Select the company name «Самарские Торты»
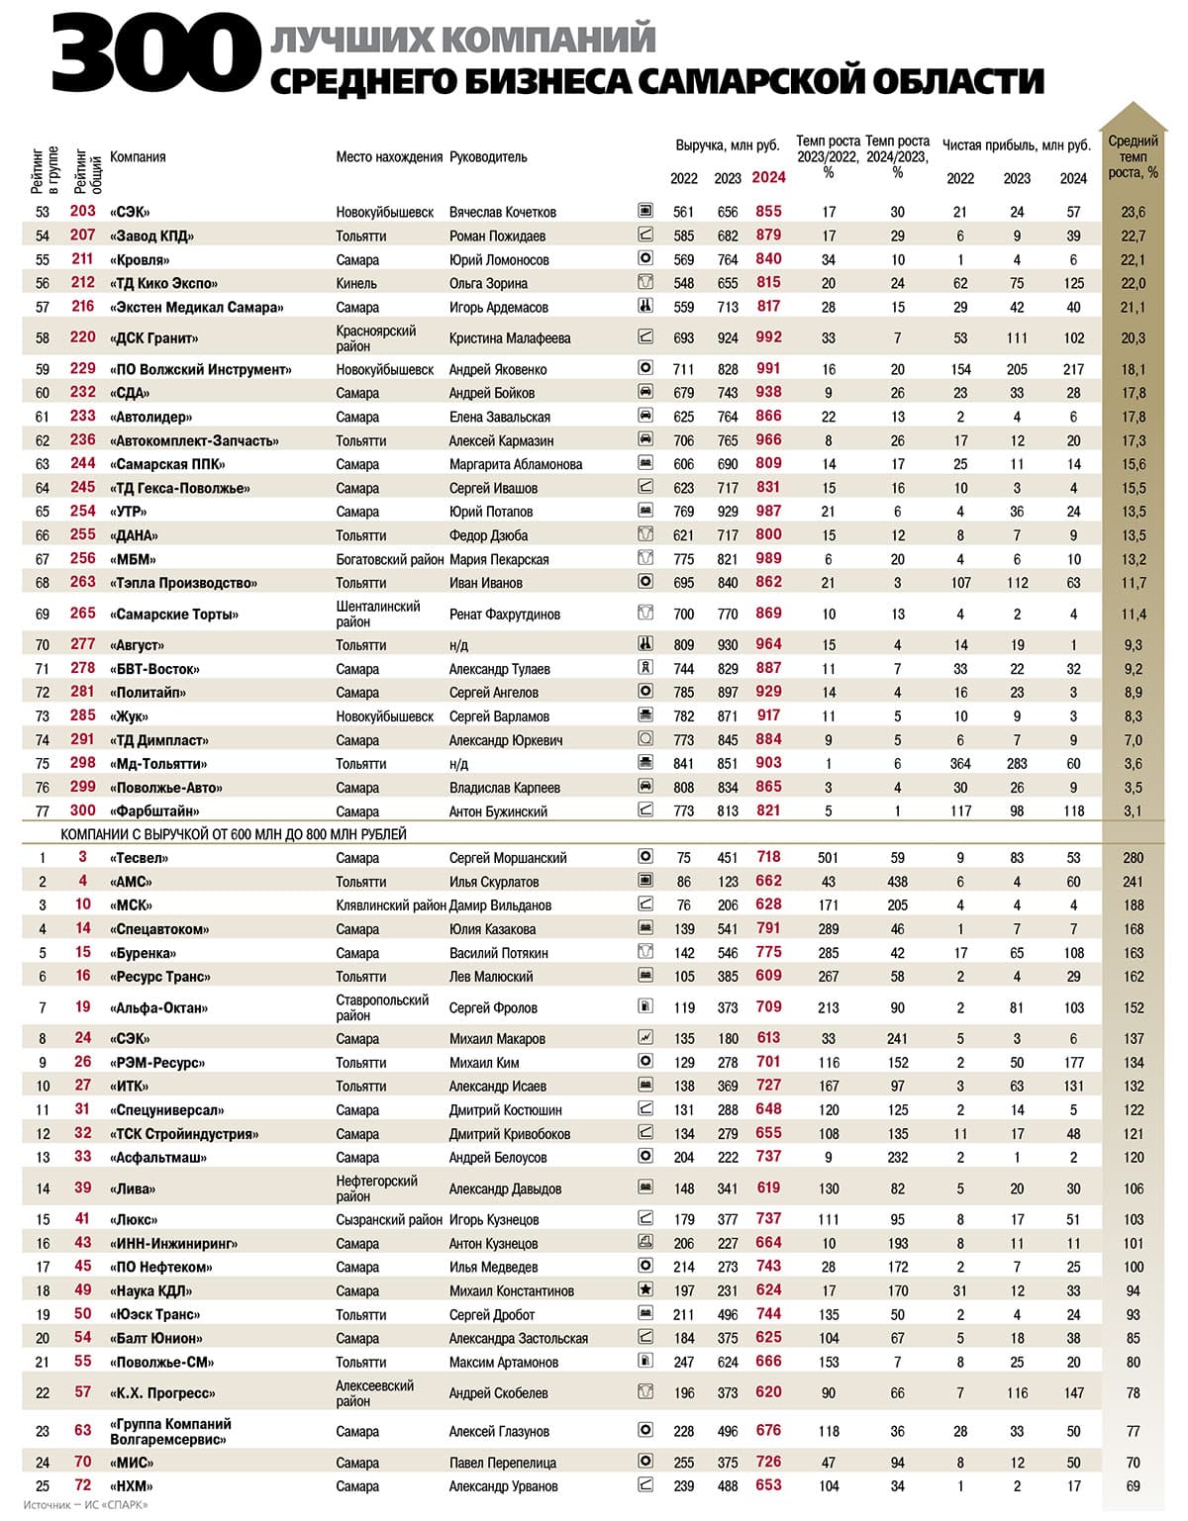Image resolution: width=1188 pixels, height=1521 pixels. [x=174, y=615]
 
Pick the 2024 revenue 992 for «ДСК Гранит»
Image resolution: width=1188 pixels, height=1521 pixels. [x=768, y=337]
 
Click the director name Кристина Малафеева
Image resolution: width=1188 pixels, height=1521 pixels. [x=510, y=338]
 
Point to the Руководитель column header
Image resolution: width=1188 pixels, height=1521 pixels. [x=488, y=157]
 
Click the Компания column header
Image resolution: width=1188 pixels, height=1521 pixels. [x=138, y=157]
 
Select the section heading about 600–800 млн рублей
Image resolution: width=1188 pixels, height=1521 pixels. [x=234, y=834]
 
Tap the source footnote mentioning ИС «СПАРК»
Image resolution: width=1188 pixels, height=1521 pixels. [x=85, y=1505]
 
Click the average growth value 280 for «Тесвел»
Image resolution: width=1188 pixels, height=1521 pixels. [x=1133, y=858]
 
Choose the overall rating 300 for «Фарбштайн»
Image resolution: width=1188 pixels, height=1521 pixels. [x=83, y=810]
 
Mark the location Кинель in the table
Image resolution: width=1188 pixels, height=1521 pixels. [x=356, y=283]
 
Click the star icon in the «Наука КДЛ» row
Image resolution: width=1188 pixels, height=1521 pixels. [x=645, y=1289]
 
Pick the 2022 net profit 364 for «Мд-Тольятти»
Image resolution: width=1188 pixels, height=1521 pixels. [x=960, y=764]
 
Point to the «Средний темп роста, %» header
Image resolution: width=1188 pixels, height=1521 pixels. [x=1133, y=157]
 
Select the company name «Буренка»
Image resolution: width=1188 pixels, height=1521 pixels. [x=143, y=953]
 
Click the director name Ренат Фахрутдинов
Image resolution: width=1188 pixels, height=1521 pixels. [x=505, y=615]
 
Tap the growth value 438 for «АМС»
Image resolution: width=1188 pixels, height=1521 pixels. [x=898, y=882]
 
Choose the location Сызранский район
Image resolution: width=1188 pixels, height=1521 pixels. [x=389, y=1220]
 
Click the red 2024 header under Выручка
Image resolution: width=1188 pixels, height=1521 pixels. [x=768, y=178]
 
